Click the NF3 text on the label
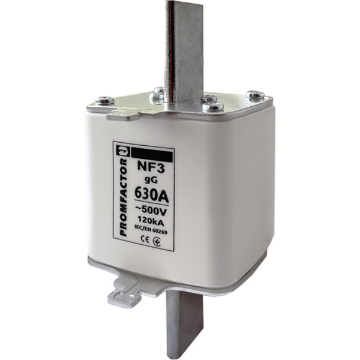(x=151, y=167)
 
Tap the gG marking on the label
(x=151, y=180)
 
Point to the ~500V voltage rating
(x=151, y=211)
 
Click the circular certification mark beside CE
(x=157, y=242)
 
